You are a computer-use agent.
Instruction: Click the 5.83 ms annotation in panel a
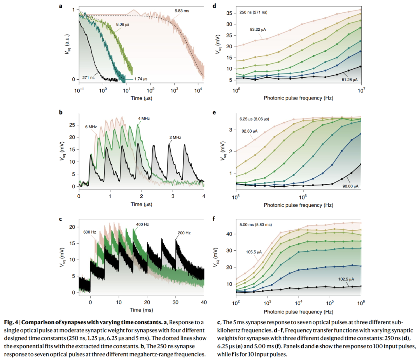point(181,11)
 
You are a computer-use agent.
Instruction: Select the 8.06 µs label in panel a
point(123,24)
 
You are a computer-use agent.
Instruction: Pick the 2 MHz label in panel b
point(175,137)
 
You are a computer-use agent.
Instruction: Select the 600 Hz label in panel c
point(90,232)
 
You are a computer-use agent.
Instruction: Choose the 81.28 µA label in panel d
point(348,80)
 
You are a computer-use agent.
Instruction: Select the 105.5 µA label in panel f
point(254,251)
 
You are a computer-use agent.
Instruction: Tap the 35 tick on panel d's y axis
point(229,13)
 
